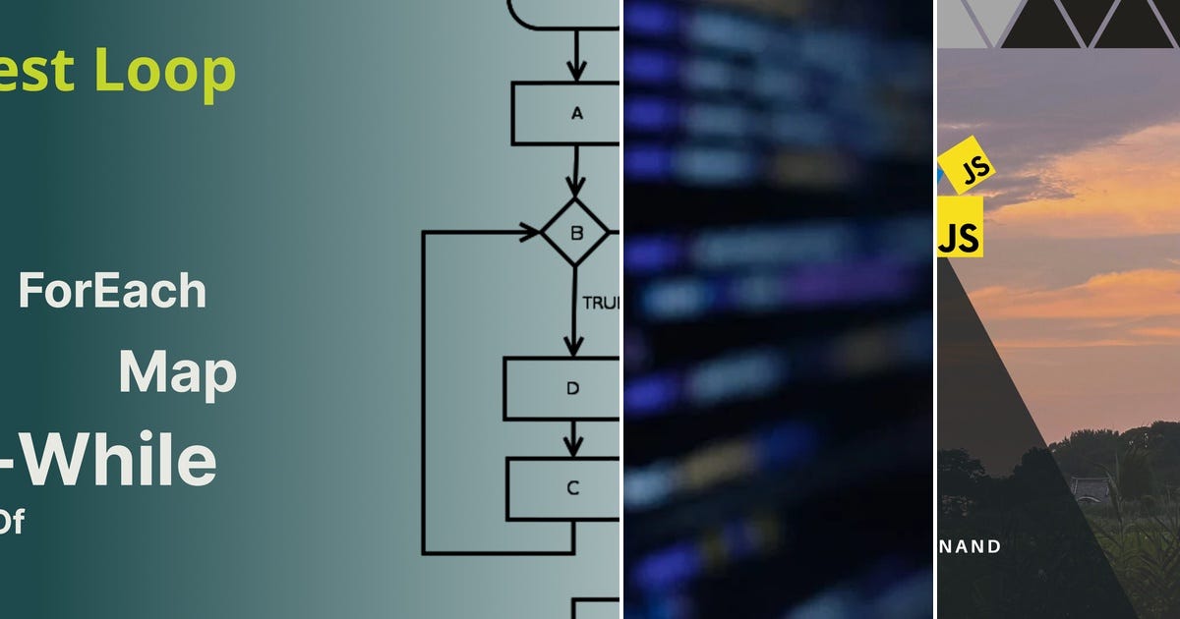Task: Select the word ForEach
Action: [x=112, y=292]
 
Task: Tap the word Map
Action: [x=177, y=374]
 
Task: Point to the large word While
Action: [x=118, y=461]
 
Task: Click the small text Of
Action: [x=11, y=523]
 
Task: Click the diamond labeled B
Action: [x=575, y=233]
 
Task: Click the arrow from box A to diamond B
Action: [x=575, y=170]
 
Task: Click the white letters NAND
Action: [x=969, y=547]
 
